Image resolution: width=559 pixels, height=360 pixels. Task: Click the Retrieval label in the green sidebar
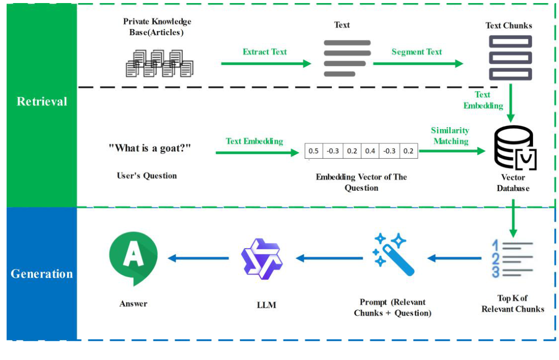coord(42,102)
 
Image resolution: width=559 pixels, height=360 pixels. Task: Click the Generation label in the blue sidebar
coord(42,274)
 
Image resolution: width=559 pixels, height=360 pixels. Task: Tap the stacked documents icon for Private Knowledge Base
coord(159,63)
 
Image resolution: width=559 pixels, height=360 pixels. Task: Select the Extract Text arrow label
coord(264,52)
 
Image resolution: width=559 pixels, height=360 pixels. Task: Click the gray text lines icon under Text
coord(347,58)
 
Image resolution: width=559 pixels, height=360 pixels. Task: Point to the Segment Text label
coord(416,52)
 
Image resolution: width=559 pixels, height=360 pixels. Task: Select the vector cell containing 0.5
coord(314,151)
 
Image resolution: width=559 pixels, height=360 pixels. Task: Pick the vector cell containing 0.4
coord(370,151)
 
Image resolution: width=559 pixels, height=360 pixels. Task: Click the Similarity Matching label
coord(450,136)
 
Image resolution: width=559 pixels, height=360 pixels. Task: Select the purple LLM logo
coord(262,259)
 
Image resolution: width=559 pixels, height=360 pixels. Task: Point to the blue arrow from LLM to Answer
coord(199,258)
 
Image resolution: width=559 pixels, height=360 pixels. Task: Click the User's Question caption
coord(147,176)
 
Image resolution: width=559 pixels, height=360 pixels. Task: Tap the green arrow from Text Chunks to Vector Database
coord(511,102)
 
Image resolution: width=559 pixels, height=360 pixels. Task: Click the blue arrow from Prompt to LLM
coord(329,258)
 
